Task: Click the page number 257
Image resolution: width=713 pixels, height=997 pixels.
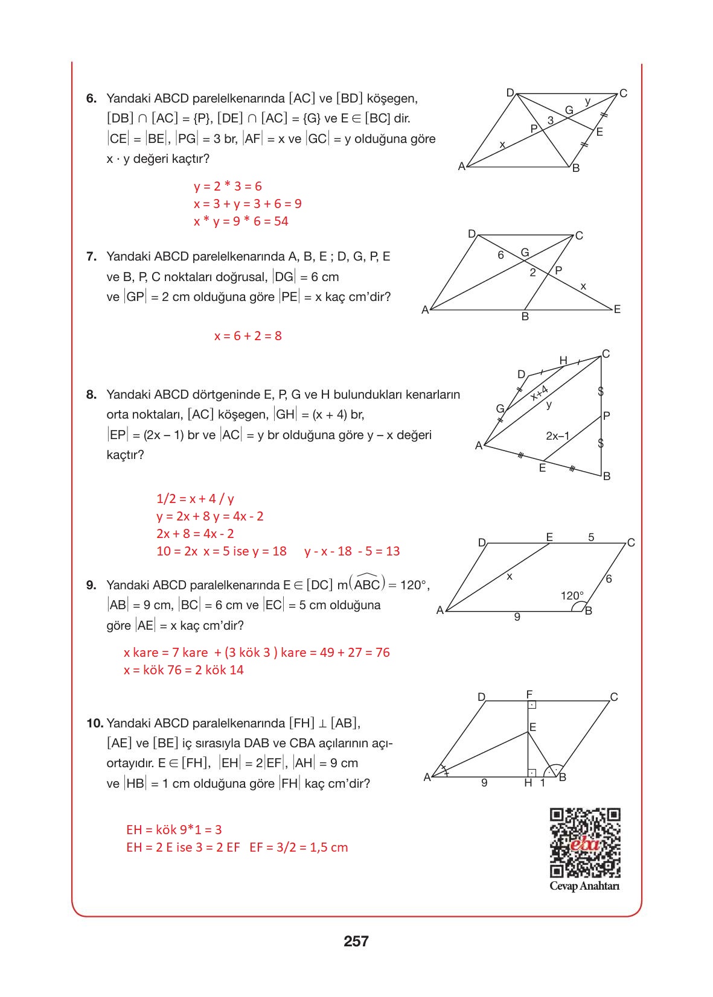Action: click(356, 941)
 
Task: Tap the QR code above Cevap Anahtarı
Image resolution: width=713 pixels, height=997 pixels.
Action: click(584, 843)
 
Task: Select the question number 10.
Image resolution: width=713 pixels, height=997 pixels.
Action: click(95, 723)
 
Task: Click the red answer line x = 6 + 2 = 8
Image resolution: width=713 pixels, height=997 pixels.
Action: click(248, 336)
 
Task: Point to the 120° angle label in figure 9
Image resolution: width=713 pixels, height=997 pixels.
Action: click(572, 596)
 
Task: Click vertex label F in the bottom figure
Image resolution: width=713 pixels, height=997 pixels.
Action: click(529, 694)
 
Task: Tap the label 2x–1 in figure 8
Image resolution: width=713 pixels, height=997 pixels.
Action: click(557, 436)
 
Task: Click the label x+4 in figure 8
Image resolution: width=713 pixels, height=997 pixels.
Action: click(539, 393)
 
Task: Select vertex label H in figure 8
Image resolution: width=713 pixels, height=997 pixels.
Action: click(563, 361)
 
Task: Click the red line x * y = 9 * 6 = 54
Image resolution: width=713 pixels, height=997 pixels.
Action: click(241, 221)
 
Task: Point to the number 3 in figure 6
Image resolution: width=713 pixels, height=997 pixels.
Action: click(550, 121)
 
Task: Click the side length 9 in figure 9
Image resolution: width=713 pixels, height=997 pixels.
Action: click(517, 617)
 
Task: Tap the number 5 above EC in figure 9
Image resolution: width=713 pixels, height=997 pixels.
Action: click(591, 537)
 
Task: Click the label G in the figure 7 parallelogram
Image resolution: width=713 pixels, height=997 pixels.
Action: click(525, 253)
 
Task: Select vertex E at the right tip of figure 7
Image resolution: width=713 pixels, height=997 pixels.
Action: click(616, 309)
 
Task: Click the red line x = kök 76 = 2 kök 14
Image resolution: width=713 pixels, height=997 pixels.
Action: click(184, 670)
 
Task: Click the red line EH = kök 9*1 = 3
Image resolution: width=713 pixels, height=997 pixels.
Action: click(174, 830)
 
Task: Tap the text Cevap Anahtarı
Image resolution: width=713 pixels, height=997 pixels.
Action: click(584, 886)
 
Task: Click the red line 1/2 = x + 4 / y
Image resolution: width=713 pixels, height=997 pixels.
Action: click(195, 499)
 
